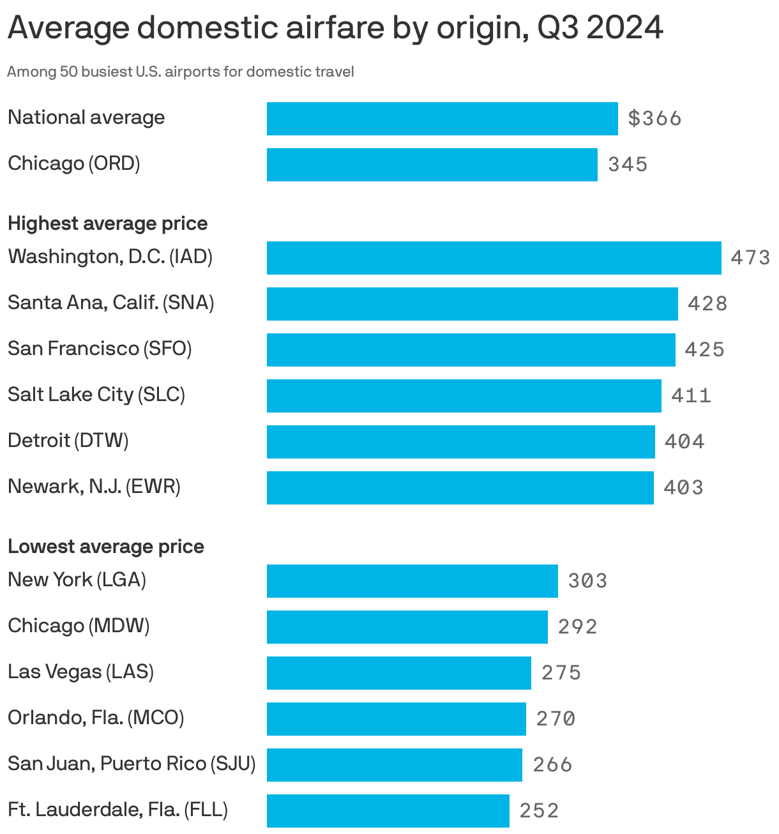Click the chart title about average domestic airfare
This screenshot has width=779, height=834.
coord(335,28)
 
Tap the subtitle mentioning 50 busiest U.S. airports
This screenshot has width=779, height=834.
coord(180,72)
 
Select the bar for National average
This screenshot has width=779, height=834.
coord(442,119)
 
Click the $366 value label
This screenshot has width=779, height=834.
coord(654,119)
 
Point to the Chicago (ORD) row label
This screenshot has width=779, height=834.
coord(74,163)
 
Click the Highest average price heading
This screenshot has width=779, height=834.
coord(107,224)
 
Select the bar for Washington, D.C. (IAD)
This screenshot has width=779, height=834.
coord(494,258)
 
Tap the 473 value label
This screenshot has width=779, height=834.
coord(750,258)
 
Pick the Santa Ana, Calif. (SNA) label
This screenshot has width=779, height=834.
coord(110,303)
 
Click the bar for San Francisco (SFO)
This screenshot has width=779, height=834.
coord(471,350)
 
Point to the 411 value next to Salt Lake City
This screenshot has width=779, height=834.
coord(691,396)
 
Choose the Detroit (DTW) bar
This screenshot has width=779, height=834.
coord(460,442)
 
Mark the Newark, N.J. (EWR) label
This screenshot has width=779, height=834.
coord(94,487)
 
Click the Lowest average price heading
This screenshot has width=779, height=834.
coord(106,547)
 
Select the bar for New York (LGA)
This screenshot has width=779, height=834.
coord(412,581)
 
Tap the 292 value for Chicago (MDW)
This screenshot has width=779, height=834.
coord(578,627)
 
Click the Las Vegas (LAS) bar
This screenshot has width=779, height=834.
coord(398,673)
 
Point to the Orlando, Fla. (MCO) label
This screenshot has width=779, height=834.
coord(96,718)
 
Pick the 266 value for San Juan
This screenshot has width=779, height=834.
coord(552,765)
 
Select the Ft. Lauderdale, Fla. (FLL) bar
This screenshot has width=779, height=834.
coord(388,811)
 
